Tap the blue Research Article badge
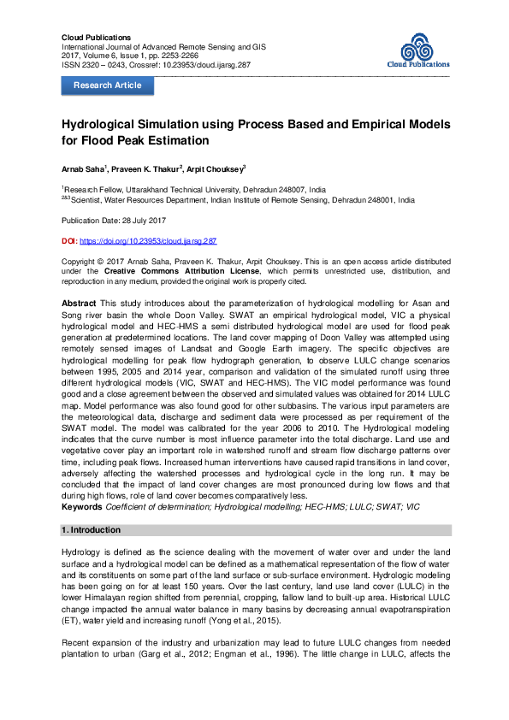tap(108, 86)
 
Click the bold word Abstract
tap(79, 304)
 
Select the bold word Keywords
tap(83, 506)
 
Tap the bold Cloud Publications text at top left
tap(97, 38)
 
